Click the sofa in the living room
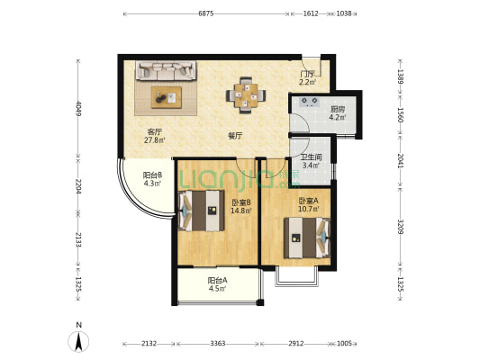click(x=166, y=71)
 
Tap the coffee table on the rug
click(x=167, y=97)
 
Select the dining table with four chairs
click(x=246, y=95)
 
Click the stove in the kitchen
click(x=310, y=102)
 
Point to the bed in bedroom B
click(x=201, y=211)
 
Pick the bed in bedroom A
click(x=307, y=238)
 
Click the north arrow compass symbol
click(x=78, y=341)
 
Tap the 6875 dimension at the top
click(x=205, y=13)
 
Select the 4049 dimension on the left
click(x=78, y=109)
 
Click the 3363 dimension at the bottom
click(x=218, y=344)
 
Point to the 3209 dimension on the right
click(x=400, y=227)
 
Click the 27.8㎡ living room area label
click(x=155, y=140)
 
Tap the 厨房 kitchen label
click(x=338, y=109)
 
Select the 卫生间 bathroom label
click(x=311, y=157)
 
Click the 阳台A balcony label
click(x=217, y=281)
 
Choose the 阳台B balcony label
click(x=152, y=175)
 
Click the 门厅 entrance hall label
click(x=307, y=75)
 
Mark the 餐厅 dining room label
click(x=235, y=136)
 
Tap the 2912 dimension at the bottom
click(x=296, y=344)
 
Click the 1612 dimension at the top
click(x=311, y=13)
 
